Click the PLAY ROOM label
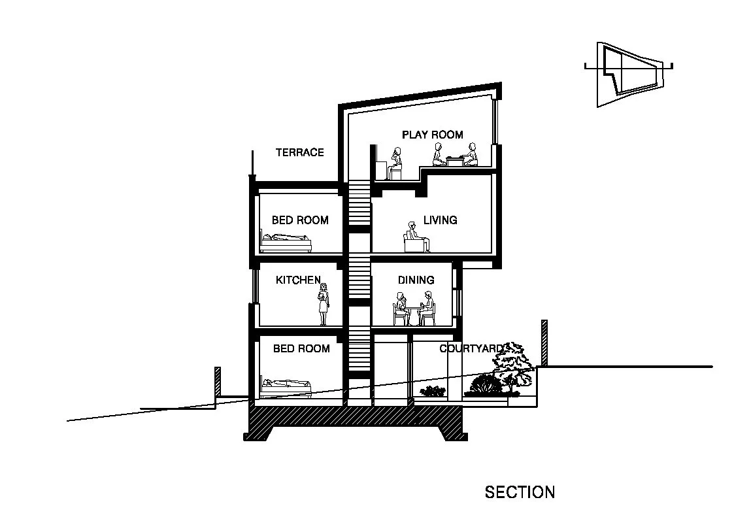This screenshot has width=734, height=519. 432,135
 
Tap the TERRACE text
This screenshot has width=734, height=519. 299,152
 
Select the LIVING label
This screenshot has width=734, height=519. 440,220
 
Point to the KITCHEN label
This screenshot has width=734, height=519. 298,280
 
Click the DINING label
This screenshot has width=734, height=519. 416,280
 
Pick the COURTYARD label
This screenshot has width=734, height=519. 471,348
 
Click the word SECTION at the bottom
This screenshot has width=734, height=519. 520,492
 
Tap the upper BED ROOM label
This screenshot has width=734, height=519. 300,220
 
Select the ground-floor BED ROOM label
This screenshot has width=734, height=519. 301,348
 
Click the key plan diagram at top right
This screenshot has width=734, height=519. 627,73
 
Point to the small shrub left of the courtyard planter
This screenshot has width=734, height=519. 432,391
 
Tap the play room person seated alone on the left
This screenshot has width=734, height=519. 395,163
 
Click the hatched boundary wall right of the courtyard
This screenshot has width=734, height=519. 544,343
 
